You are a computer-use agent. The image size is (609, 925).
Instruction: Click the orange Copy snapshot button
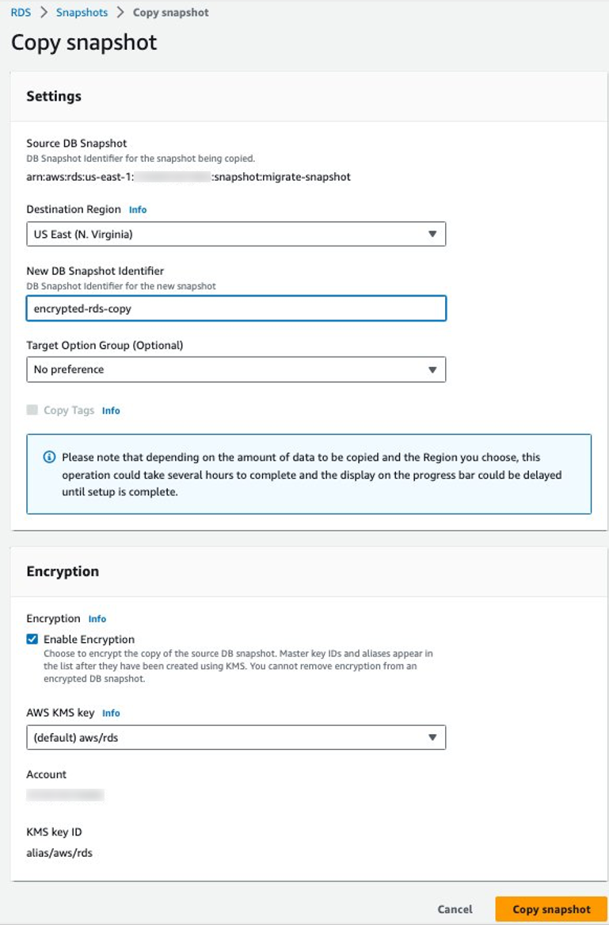551,909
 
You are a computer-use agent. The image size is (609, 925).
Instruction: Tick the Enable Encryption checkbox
32,639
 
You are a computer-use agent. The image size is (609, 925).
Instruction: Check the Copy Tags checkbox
32,410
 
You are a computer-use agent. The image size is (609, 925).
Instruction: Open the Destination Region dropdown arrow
432,234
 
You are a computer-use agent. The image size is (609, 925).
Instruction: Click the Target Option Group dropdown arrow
432,369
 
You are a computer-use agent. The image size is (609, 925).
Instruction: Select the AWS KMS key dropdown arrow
432,737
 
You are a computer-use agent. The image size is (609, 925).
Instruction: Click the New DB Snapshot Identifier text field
236,308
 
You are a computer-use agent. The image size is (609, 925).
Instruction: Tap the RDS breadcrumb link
21,13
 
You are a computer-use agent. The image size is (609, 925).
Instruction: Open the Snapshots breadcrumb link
82,13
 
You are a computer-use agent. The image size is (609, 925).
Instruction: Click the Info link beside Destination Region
138,210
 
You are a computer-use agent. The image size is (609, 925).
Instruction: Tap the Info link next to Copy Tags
111,411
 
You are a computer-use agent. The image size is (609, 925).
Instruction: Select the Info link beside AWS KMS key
111,713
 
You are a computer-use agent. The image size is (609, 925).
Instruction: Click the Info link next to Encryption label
97,619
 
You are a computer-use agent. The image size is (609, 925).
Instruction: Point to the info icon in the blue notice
50,457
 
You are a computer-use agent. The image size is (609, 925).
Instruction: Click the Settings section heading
54,96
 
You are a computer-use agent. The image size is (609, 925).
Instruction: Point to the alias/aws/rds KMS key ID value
60,853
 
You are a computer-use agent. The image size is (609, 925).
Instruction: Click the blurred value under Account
65,794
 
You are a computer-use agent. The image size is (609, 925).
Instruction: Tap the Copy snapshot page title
84,42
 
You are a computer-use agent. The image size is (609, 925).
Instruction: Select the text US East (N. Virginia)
82,234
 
